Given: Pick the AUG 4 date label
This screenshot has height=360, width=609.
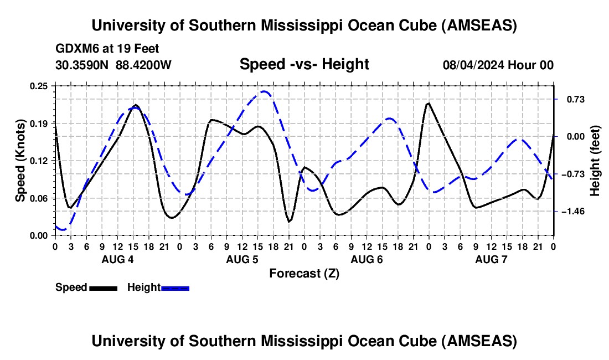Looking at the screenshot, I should click(x=117, y=259).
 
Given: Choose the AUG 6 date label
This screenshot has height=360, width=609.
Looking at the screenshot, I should click(x=366, y=259).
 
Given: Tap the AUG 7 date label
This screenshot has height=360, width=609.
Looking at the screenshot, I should click(x=491, y=259).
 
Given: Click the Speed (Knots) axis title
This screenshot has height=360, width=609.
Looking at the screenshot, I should click(x=20, y=160).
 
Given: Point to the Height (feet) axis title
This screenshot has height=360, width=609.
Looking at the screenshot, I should click(x=595, y=161).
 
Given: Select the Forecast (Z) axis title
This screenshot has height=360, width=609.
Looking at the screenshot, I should click(x=304, y=273).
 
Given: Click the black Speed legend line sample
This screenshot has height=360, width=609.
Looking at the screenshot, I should click(x=102, y=287).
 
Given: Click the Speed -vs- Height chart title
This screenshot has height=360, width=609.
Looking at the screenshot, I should click(x=304, y=65).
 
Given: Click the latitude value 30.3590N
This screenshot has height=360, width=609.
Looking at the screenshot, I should click(x=82, y=65).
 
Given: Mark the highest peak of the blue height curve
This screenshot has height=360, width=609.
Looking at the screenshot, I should click(x=265, y=91).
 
